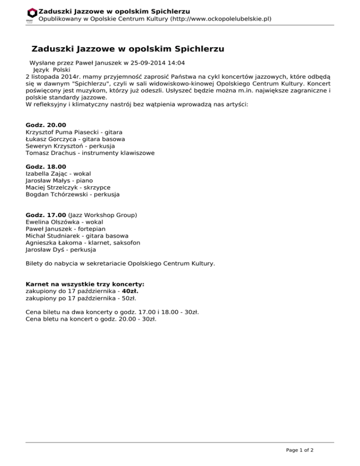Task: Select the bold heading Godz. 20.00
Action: click(x=46, y=125)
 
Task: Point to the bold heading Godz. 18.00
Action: click(x=46, y=166)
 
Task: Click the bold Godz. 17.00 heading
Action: click(x=46, y=215)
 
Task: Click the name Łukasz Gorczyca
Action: click(x=50, y=139)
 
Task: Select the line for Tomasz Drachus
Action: click(x=90, y=153)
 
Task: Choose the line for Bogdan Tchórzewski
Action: click(x=73, y=194)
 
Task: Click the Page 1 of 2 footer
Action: click(x=300, y=450)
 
